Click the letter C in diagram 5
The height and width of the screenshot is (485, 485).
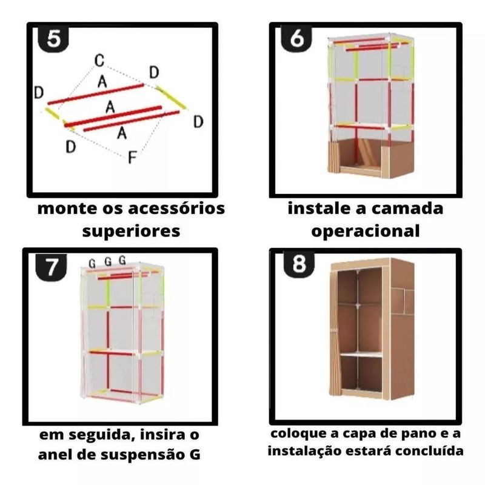[100, 60]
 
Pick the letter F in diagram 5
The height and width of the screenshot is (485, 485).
[132, 158]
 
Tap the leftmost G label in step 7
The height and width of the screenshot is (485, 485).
[92, 263]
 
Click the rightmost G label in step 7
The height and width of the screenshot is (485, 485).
[122, 261]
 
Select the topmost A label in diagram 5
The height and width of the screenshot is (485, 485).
[103, 80]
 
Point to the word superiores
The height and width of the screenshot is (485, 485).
[131, 231]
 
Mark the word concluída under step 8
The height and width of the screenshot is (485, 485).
[431, 451]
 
